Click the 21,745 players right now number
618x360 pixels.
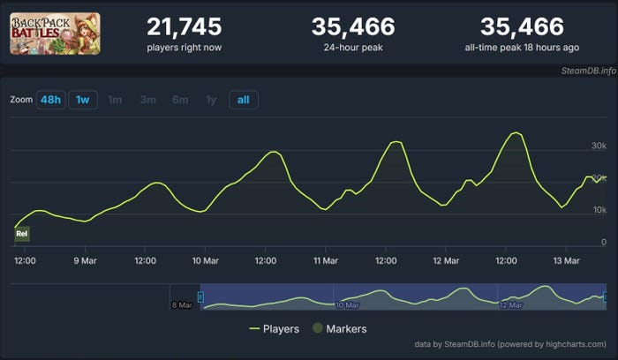184,27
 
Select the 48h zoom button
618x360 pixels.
49,100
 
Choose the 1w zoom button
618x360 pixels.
82,100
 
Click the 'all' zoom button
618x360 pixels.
242,100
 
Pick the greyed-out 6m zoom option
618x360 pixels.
180,100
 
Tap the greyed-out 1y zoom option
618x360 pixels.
211,100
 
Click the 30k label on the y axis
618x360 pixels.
598,146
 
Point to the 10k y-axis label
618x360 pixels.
598,210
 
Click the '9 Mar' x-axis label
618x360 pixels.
85,260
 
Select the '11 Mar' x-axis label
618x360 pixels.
326,260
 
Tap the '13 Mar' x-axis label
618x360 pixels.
566,260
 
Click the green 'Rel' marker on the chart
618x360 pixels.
22,234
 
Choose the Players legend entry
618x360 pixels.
275,329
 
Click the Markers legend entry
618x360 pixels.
339,329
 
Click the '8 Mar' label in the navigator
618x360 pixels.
183,305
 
